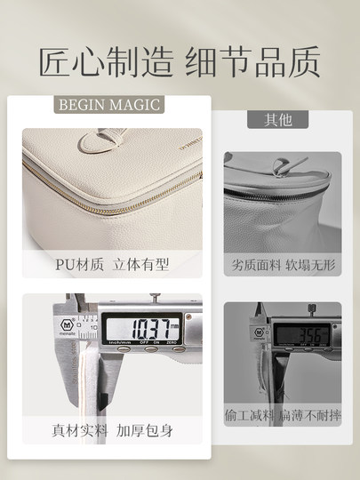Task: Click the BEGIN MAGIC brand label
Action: pyautogui.click(x=109, y=105)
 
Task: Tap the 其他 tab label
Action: pyautogui.click(x=277, y=119)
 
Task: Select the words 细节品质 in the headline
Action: pyautogui.click(x=252, y=62)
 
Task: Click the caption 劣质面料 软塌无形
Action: pyautogui.click(x=282, y=265)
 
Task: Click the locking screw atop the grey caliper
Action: pyautogui.click(x=312, y=311)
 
